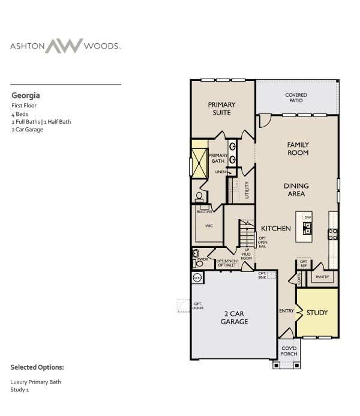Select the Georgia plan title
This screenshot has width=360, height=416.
[x=26, y=95]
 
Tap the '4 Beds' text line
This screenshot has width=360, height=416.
[x=20, y=113]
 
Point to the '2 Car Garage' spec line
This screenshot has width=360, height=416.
[x=27, y=129]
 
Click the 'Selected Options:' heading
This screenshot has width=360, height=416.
[x=37, y=367]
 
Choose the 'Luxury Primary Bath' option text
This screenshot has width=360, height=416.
[x=35, y=382]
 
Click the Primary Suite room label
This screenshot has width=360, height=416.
[x=221, y=108]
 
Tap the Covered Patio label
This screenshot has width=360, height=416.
[x=296, y=98]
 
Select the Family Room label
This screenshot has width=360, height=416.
[x=298, y=148]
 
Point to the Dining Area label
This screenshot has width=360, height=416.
[x=295, y=190]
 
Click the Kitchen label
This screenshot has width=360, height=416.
[x=276, y=229]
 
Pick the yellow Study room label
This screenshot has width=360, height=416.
[x=317, y=313]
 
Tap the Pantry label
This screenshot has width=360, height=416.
[x=322, y=277]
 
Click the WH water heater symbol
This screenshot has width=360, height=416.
[x=197, y=277]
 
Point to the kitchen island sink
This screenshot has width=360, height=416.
[x=307, y=228]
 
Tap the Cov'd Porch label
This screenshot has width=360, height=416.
[x=289, y=351]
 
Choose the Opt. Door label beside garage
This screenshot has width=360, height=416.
[x=197, y=306]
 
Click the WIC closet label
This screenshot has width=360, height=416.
[x=209, y=226]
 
